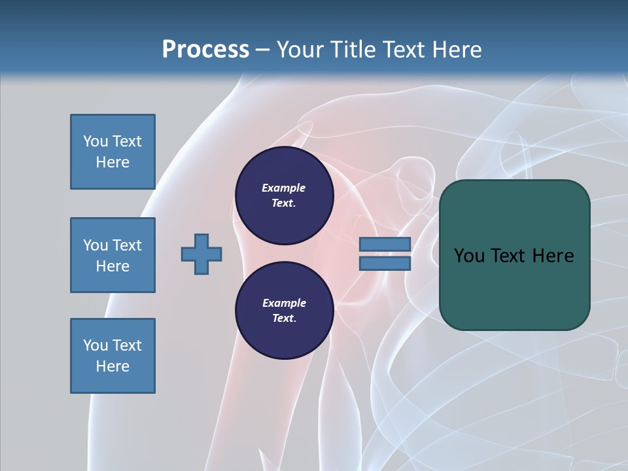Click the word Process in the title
(x=205, y=49)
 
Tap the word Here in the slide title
(x=456, y=49)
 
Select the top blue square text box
(x=113, y=152)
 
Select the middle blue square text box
(x=113, y=255)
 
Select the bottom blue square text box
(x=113, y=356)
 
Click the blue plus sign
(x=201, y=254)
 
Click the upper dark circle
(x=285, y=196)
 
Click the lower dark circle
(x=285, y=311)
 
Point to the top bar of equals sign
(x=385, y=245)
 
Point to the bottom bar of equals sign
(x=385, y=264)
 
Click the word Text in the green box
(x=508, y=255)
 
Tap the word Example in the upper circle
(x=284, y=188)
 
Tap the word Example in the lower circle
(x=284, y=303)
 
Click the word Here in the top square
(x=113, y=162)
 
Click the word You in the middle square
(x=95, y=245)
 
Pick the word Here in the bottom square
(x=113, y=366)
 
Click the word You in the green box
(x=468, y=255)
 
